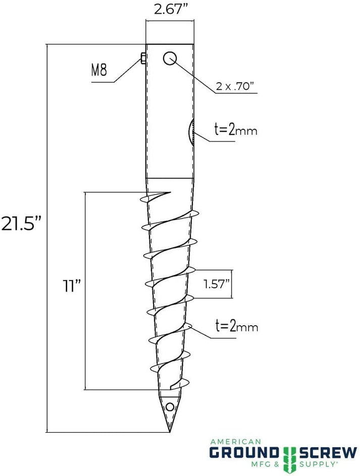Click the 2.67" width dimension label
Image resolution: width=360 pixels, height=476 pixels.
coord(170,10)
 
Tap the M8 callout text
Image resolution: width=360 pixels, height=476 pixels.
coord(99,70)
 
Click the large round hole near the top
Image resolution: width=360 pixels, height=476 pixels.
coord(169,59)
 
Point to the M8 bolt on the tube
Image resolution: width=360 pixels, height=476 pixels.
coord(143,59)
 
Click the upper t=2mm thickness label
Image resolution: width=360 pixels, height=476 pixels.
coord(235,130)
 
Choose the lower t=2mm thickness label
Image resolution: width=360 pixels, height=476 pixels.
coord(235,327)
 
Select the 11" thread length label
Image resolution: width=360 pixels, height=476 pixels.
coord(71,286)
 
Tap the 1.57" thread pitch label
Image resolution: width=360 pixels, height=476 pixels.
coord(217,284)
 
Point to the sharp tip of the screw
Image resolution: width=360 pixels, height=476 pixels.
coord(169,431)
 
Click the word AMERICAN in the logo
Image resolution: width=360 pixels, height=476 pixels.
coord(235,441)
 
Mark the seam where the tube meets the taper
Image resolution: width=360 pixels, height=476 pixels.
coord(170,178)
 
